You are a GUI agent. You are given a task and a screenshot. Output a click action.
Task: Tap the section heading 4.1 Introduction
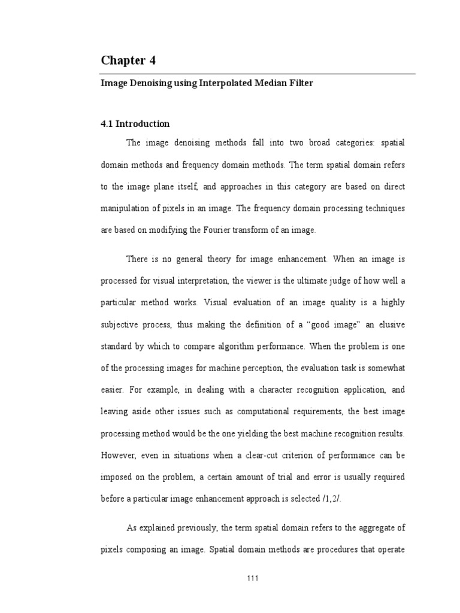tap(135, 124)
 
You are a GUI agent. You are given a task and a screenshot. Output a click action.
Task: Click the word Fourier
tap(207, 230)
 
